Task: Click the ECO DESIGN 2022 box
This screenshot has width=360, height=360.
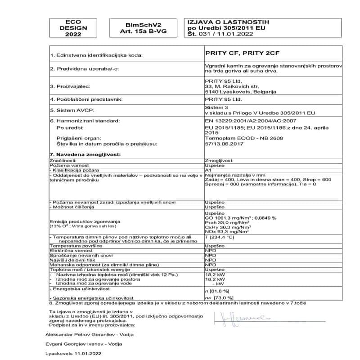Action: [72, 28]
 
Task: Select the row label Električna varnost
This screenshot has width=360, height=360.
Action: [71, 251]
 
